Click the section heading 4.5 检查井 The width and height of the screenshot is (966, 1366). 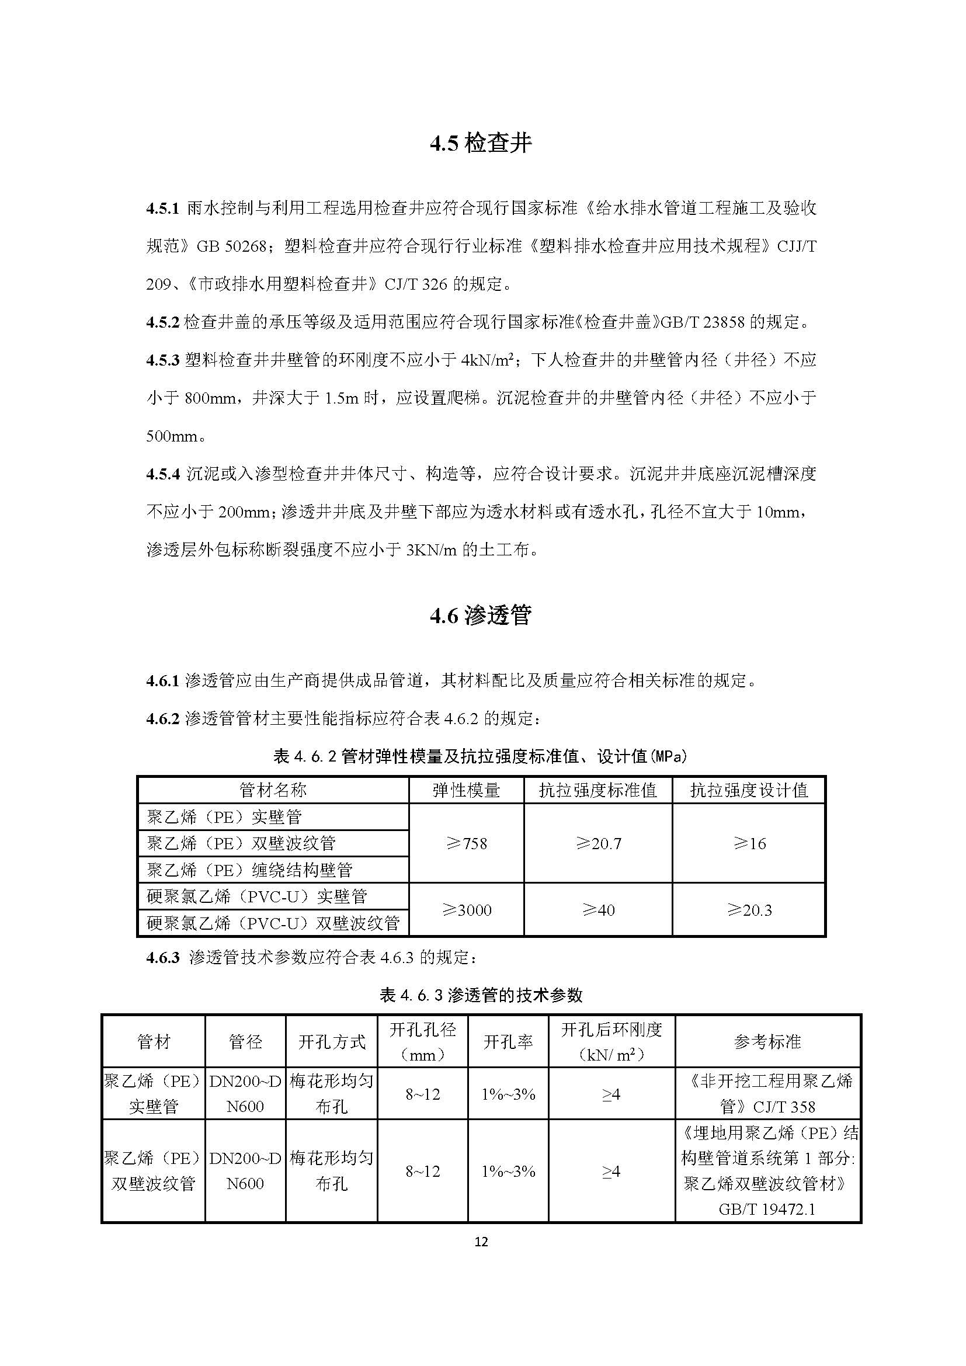pos(481,144)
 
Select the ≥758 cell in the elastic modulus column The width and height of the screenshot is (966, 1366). pos(466,844)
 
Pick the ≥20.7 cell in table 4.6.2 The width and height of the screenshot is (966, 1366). pos(598,844)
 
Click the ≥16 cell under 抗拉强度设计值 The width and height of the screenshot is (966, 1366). pos(749,844)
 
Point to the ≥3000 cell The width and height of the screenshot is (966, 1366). pos(466,910)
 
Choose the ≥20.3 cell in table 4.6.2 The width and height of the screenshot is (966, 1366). pos(749,910)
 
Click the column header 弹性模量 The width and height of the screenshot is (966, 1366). pos(466,790)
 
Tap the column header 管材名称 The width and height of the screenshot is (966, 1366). pos(273,790)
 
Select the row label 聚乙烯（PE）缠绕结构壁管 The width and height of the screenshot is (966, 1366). pos(249,870)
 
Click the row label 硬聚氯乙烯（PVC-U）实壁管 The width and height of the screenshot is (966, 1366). pos(257,896)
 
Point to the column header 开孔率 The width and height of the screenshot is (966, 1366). pos(508,1042)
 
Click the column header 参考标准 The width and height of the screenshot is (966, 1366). pos(767,1042)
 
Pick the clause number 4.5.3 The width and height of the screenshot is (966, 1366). pos(162,360)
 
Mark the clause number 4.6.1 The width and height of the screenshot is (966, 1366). pos(162,680)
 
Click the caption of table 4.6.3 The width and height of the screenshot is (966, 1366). pos(481,995)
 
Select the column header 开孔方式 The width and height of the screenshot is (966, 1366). pos(331,1042)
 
